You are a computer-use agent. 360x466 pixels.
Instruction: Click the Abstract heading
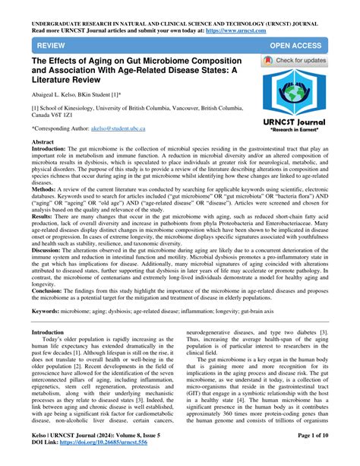click(44, 143)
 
